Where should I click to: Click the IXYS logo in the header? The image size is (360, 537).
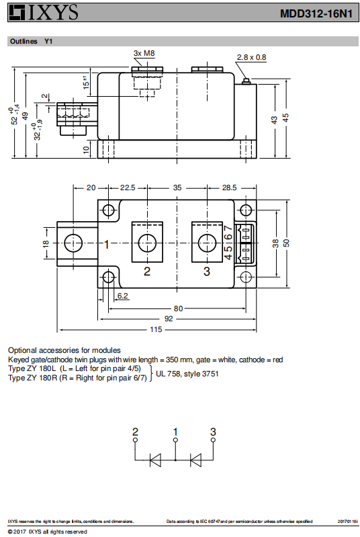(44, 12)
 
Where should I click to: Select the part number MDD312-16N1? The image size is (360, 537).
(316, 13)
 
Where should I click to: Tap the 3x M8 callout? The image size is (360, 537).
(144, 53)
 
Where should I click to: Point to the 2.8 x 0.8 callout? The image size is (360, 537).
(251, 57)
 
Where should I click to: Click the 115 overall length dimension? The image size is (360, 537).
(156, 329)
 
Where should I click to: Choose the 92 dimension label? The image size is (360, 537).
(169, 319)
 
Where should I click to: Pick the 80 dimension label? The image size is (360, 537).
(178, 308)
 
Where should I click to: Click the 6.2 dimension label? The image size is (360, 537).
(122, 296)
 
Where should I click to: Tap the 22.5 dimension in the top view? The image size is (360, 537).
(128, 188)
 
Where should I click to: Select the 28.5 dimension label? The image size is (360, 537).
(229, 188)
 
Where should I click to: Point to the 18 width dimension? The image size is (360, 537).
(46, 243)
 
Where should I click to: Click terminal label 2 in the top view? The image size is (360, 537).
(147, 272)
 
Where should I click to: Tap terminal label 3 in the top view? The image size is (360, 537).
(207, 272)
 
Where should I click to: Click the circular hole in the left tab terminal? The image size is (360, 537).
(73, 243)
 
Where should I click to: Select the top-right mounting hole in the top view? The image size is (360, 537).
(246, 210)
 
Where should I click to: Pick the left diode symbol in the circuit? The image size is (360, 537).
(156, 460)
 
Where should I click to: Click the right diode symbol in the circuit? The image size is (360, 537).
(195, 460)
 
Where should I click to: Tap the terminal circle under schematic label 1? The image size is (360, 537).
(175, 440)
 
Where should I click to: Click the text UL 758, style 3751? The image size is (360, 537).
(187, 374)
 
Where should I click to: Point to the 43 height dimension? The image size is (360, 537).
(274, 120)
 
